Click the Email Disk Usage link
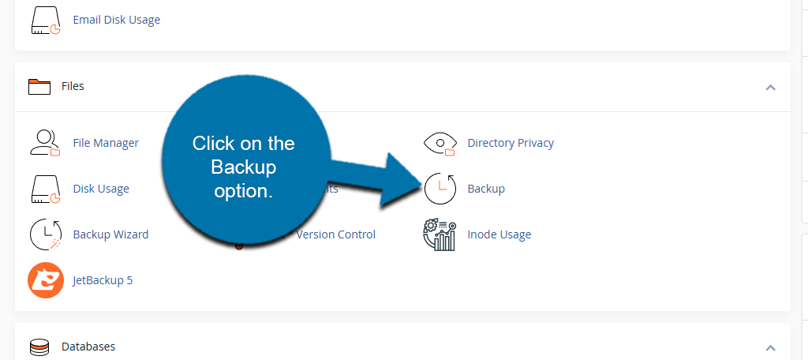[x=116, y=20]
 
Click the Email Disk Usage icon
[x=45, y=20]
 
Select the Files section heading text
[x=73, y=86]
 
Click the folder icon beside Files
[x=39, y=86]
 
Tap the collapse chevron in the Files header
[x=771, y=87]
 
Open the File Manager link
[x=106, y=143]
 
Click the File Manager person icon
[x=45, y=143]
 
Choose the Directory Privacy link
[x=511, y=143]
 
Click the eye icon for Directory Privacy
[x=440, y=143]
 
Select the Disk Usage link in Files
[x=101, y=189]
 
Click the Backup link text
[x=486, y=189]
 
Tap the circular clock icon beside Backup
[x=440, y=189]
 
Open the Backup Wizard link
[x=110, y=234]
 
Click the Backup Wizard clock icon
[x=45, y=234]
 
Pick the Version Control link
[x=335, y=234]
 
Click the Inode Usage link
[x=499, y=234]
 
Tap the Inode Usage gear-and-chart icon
[x=440, y=234]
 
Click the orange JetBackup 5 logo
[x=45, y=280]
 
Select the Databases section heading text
[x=88, y=347]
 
